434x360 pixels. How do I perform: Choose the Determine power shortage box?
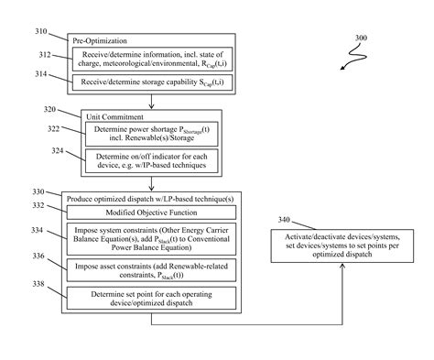(x=138, y=135)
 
